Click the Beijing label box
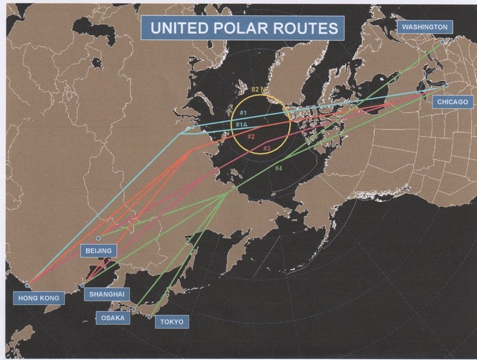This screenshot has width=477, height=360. point(98,251)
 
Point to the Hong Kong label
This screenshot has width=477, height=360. point(39,298)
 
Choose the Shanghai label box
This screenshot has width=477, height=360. point(107,294)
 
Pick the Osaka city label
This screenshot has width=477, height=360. point(113,318)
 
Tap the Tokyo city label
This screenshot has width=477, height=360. point(171,322)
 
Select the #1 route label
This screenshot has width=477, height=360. point(243,112)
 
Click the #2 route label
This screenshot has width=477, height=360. point(251,137)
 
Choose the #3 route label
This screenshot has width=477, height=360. point(266,148)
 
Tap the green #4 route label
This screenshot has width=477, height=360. point(278,168)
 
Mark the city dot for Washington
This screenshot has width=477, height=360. point(442,42)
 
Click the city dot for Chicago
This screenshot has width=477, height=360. point(445,85)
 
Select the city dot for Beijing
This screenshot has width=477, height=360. point(98,238)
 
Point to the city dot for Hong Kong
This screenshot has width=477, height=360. point(27,286)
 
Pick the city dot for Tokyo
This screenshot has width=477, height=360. point(150,317)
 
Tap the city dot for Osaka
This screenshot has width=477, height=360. point(134,309)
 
